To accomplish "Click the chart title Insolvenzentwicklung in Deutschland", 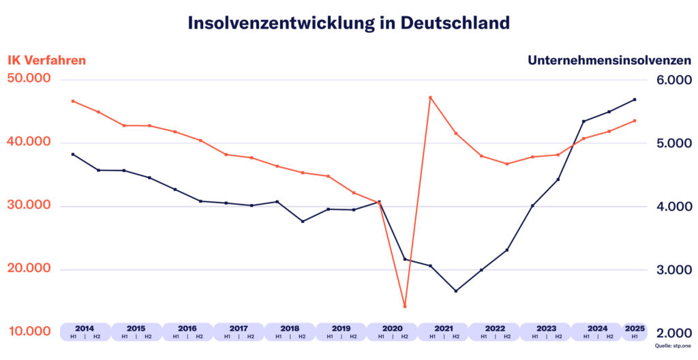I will [x=348, y=22].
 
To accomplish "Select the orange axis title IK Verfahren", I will [x=47, y=60].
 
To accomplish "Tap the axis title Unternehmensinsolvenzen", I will [x=609, y=60].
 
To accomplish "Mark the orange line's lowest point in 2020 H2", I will [x=405, y=306].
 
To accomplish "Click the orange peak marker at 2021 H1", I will [x=430, y=97].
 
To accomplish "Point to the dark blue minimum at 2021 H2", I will [x=456, y=291].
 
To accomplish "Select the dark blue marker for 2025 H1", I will [x=635, y=100].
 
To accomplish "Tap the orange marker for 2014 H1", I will [x=73, y=101].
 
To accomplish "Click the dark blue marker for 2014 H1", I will [x=73, y=154].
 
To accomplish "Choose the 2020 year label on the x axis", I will [x=392, y=328].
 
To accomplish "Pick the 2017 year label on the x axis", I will [x=239, y=328].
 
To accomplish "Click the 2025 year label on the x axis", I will [x=635, y=328].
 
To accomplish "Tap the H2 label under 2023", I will [x=558, y=336].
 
